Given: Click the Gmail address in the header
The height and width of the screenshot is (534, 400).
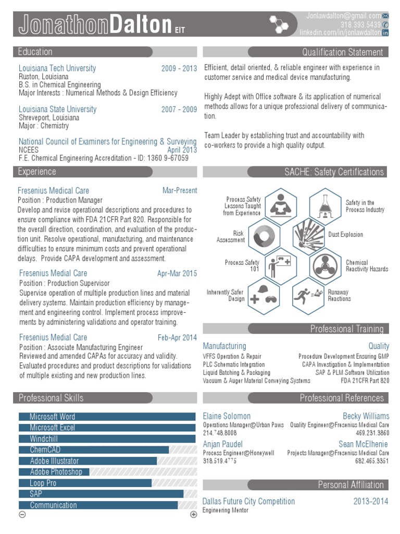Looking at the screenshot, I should [343, 16].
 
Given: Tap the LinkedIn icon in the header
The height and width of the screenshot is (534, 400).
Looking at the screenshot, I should [385, 33].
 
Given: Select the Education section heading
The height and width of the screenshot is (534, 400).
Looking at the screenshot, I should [35, 52].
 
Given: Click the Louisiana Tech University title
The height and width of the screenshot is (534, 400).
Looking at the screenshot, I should [57, 68].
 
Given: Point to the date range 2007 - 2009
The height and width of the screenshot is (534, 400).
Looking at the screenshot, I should [179, 110].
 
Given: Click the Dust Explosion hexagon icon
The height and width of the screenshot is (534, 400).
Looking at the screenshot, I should [309, 235].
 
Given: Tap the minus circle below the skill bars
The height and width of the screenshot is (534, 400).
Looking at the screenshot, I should [22, 515].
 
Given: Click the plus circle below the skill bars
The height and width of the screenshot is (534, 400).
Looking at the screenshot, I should [194, 515].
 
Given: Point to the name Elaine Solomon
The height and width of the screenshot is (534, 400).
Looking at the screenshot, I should [227, 416].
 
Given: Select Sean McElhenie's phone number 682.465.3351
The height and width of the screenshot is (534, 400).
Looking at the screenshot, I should [372, 461].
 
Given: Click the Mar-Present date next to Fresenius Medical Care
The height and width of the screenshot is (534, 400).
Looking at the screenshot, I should [180, 191].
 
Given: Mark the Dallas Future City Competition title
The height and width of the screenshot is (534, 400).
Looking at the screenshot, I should [248, 501].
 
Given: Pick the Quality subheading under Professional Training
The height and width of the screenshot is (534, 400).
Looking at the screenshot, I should [379, 346].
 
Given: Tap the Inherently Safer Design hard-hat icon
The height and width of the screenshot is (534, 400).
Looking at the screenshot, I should [264, 295].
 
